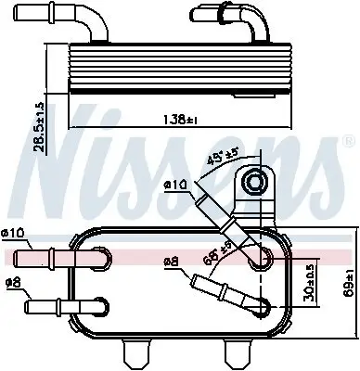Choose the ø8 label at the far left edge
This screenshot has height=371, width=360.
pos(12,282)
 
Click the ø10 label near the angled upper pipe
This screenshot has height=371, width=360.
pos(175,185)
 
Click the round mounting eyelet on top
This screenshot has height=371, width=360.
pos(254,185)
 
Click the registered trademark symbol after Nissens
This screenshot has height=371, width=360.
pos(349,142)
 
